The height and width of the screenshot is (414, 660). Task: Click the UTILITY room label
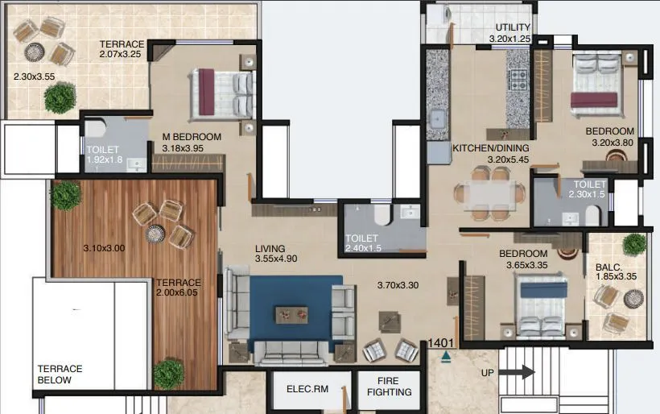click(513, 27)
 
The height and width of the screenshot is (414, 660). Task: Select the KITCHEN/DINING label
click(491, 149)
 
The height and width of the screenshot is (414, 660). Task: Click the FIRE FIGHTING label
click(389, 387)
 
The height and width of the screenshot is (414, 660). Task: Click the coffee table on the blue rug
click(291, 313)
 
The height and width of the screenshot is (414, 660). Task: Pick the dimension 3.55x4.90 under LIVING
click(277, 259)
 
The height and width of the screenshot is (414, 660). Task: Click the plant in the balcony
click(634, 244)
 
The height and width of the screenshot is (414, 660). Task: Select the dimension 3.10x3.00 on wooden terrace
click(105, 248)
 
